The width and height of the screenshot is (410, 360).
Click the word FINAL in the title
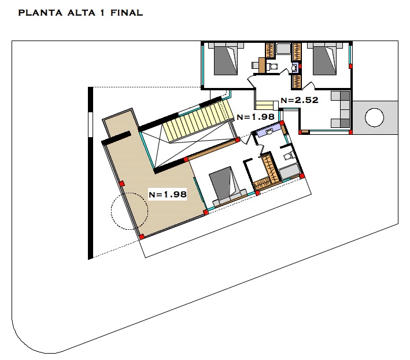(x=127, y=13)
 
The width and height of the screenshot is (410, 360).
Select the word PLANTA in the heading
(x=40, y=13)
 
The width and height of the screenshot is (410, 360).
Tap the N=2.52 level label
(x=300, y=100)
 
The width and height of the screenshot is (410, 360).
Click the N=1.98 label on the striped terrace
(x=168, y=194)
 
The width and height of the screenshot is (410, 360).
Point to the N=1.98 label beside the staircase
(x=256, y=117)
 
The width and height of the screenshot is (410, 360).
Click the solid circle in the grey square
(x=374, y=117)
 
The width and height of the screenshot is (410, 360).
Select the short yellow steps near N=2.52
(x=265, y=105)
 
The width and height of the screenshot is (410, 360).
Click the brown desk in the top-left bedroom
(x=262, y=65)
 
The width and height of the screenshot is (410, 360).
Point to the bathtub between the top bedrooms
(x=283, y=49)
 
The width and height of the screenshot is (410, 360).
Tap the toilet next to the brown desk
(x=272, y=66)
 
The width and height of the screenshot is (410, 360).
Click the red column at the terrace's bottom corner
(x=142, y=237)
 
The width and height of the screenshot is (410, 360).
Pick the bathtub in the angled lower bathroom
(x=290, y=171)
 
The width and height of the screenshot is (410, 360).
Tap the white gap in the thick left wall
(x=91, y=124)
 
